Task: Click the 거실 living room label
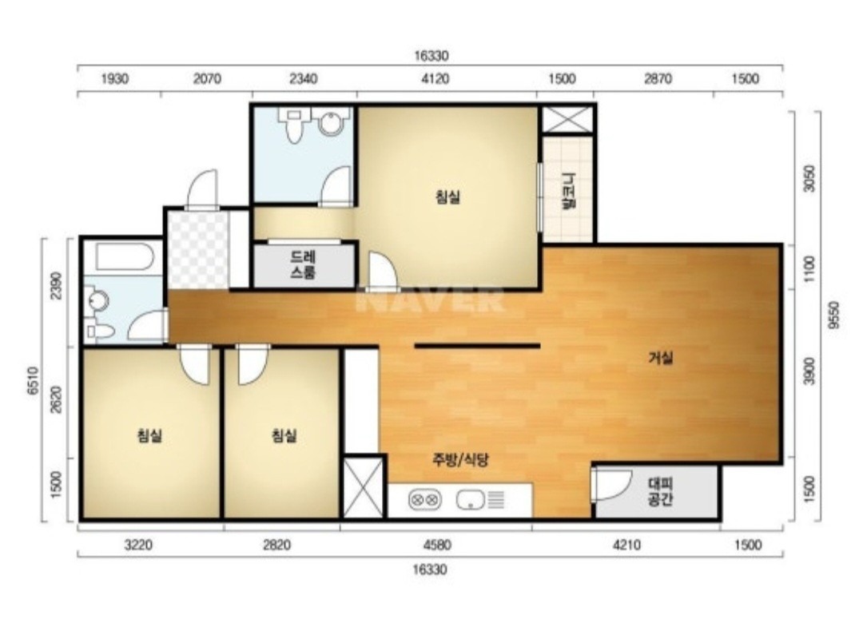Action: (661, 358)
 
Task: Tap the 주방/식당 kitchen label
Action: (461, 459)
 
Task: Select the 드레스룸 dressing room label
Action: (304, 264)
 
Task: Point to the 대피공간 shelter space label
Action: (661, 492)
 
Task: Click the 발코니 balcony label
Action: (567, 191)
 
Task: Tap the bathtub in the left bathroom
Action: (125, 256)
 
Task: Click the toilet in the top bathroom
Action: (295, 124)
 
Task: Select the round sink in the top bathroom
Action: (332, 121)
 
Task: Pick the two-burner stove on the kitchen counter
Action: (425, 500)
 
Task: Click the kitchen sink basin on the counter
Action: (470, 500)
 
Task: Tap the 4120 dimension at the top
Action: (435, 79)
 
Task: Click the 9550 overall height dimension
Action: (834, 315)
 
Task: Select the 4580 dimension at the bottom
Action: (437, 546)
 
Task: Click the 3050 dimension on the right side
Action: (809, 178)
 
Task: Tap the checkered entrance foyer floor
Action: (198, 249)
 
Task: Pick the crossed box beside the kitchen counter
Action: (364, 487)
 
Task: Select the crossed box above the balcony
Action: (567, 119)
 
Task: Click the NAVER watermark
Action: (430, 300)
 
